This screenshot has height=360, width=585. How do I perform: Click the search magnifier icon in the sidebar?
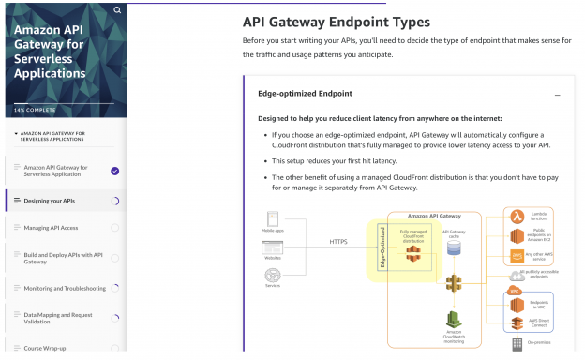[117, 10]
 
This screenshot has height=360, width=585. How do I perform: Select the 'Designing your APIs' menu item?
[51, 200]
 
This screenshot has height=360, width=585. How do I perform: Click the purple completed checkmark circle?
[114, 171]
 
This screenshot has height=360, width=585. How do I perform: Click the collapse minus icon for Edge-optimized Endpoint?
[558, 95]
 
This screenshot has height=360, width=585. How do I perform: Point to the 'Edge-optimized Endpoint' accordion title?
[306, 94]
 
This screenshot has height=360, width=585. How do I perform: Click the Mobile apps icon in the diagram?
[273, 220]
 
